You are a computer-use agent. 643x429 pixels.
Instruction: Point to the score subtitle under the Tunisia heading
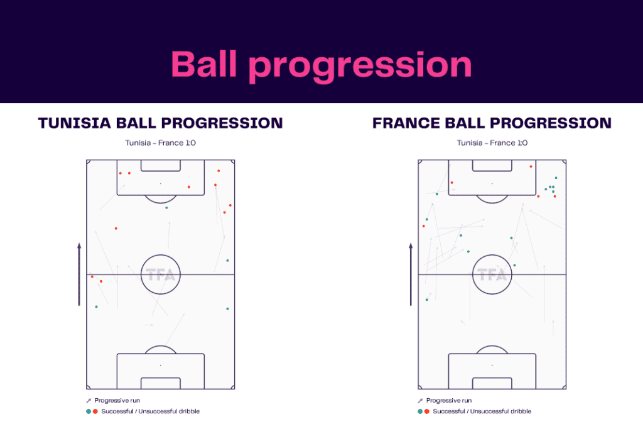160,143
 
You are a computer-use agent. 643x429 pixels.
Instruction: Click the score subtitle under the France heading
492,143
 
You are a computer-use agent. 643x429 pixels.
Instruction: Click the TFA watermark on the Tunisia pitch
160,275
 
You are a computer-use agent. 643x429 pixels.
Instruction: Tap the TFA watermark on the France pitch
492,275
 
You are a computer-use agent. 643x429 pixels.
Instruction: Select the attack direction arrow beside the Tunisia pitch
79,274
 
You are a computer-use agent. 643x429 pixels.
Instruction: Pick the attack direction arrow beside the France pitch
411,274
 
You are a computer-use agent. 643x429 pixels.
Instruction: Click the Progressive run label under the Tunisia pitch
117,401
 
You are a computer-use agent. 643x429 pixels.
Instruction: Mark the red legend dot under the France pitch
427,411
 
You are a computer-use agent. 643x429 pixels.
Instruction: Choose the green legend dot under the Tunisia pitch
89,411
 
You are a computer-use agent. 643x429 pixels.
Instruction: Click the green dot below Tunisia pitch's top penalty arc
166,207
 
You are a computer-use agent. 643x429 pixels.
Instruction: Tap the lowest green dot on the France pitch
427,300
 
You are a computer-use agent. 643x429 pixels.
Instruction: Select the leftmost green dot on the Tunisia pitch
96,307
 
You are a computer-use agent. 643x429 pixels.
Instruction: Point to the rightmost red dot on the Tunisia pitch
230,205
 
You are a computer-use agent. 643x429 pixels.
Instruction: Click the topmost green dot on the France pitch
556,178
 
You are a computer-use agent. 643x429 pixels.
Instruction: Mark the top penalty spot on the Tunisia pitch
160,183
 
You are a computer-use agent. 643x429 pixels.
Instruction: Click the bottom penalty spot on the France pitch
492,365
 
